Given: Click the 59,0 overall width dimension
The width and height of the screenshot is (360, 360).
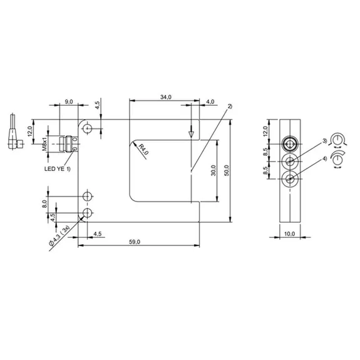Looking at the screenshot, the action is [135, 242].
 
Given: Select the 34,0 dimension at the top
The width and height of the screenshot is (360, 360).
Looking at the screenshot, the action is [166, 97].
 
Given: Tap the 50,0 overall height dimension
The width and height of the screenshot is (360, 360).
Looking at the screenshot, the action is [227, 170].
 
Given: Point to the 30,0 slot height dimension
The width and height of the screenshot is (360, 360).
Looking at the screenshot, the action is [213, 170].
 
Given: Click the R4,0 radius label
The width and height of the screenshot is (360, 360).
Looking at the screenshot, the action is [143, 150].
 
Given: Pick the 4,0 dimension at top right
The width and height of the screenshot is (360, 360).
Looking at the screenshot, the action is [210, 101].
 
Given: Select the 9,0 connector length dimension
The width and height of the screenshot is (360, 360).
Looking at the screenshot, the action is [69, 101].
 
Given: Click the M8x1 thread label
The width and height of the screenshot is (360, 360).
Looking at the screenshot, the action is [44, 143].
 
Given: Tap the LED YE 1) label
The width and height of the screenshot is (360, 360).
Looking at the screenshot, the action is [58, 169].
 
